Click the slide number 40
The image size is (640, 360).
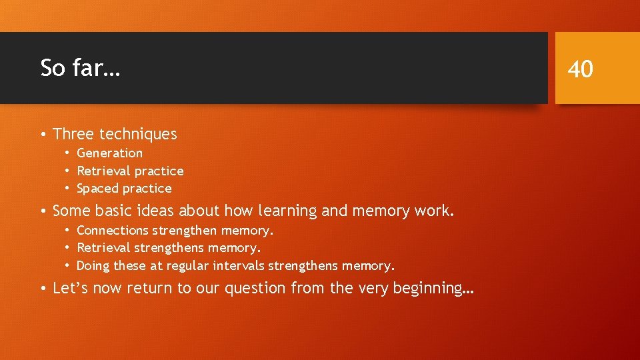[x=581, y=69]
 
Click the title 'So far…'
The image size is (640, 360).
[x=80, y=68]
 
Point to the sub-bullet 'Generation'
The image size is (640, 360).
[x=109, y=153]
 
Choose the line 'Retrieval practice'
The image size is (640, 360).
[x=130, y=171]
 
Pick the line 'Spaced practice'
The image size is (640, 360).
[x=124, y=189]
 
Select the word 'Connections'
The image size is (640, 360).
[x=113, y=231]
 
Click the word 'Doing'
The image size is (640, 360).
[x=93, y=266]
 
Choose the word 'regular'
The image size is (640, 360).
[x=188, y=266]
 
